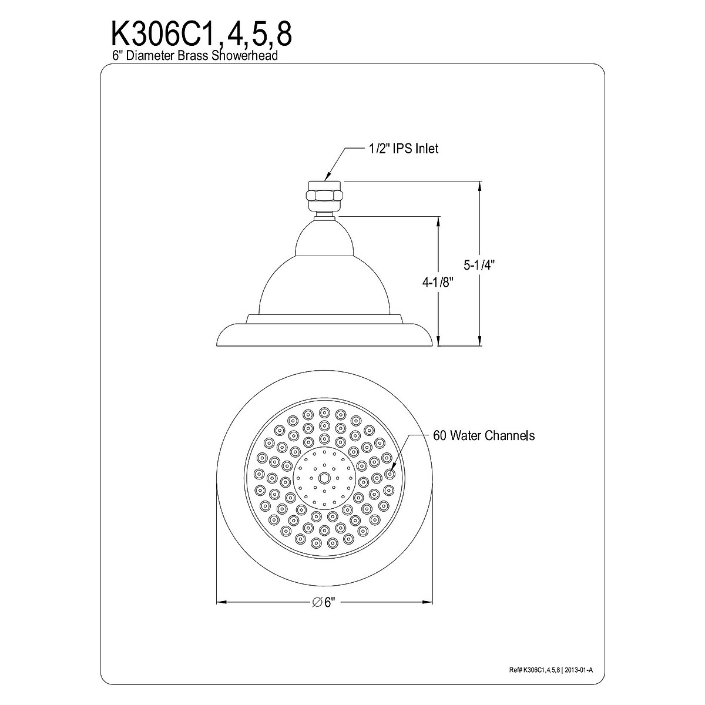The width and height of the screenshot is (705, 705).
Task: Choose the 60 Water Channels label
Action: pyautogui.click(x=484, y=435)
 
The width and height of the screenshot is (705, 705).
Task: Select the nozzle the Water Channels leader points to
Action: pyautogui.click(x=390, y=473)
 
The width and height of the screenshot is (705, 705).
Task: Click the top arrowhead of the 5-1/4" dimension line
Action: pyautogui.click(x=481, y=186)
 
